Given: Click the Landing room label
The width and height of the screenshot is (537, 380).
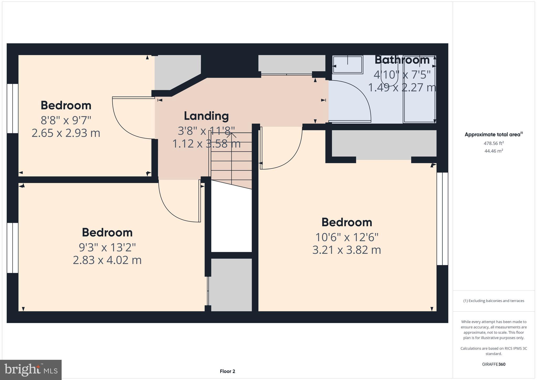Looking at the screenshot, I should pos(206,116).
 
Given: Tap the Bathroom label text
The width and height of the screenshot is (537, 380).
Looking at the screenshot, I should pos(402,60).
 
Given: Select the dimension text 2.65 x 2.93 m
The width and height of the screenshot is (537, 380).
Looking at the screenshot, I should pos(66,133).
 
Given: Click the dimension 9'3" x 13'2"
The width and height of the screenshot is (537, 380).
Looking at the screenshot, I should pos(107,247).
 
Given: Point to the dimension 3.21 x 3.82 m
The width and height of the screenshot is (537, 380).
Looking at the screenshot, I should pos(346,250).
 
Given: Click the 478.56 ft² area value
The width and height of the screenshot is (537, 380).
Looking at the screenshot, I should pos(493,143).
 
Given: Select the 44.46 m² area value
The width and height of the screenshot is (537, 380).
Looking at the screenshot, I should pos(493,151).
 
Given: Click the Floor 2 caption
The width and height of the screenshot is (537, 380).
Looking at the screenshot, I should pos(227,371).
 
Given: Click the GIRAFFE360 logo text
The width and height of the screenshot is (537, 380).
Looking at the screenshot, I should pos(493,364).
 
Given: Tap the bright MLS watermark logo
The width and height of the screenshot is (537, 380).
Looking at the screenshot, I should pos(31,370).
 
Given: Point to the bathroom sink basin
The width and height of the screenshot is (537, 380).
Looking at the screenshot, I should pos(348,65).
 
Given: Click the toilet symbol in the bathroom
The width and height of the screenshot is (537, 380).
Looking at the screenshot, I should pos(390,76).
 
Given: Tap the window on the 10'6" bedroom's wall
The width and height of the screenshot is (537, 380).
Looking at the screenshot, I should pos(442,219).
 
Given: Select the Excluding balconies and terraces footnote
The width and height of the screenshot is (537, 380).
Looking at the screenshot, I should pos(493,301).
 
